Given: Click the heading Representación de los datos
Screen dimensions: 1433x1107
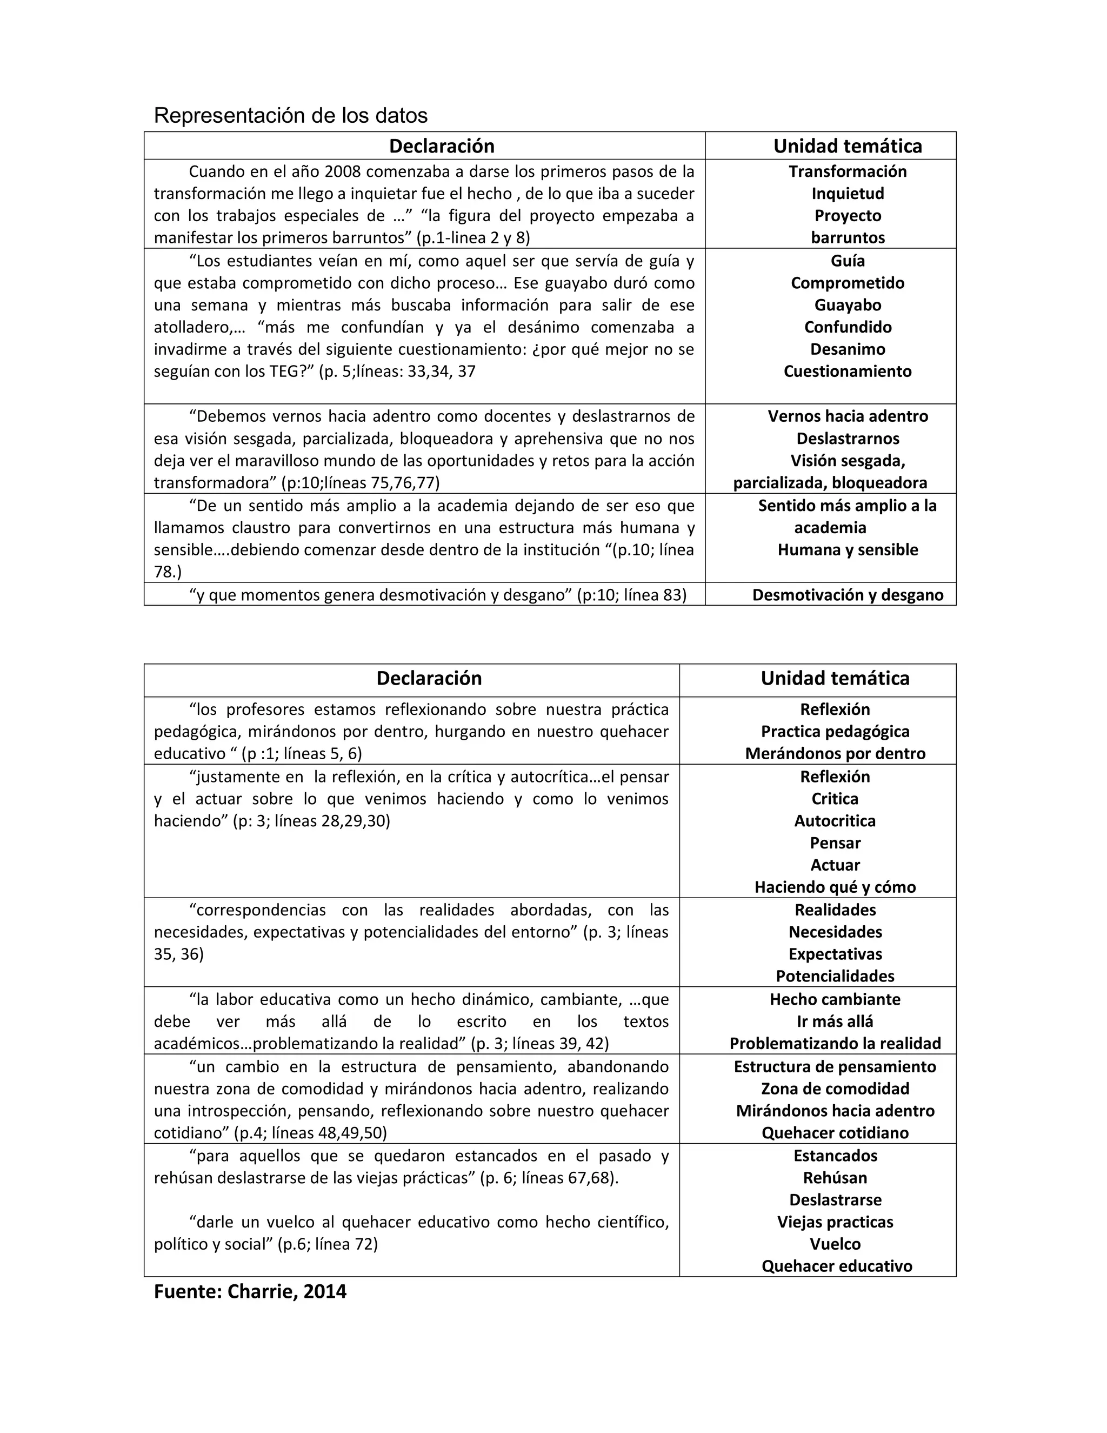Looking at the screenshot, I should pyautogui.click(x=290, y=116).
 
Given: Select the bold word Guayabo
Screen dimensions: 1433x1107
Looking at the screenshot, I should pyautogui.click(x=848, y=305).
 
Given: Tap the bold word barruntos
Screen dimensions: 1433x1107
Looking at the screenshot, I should pyautogui.click(x=848, y=237).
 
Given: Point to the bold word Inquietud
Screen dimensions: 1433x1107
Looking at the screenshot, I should pyautogui.click(x=848, y=194).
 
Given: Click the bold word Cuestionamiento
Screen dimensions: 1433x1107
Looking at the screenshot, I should pyautogui.click(x=848, y=371).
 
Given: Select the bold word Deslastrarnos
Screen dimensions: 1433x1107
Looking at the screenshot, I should pyautogui.click(x=848, y=439).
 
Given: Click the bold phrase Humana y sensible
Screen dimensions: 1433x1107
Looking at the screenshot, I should pyautogui.click(x=848, y=550).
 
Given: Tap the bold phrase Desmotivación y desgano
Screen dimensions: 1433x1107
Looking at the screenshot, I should pyautogui.click(x=848, y=595).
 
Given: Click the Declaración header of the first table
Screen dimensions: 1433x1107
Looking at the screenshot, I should pyautogui.click(x=442, y=145).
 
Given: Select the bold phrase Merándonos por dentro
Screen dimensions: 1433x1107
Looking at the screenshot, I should pyautogui.click(x=835, y=753).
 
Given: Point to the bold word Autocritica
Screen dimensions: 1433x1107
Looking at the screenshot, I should pyautogui.click(x=835, y=821).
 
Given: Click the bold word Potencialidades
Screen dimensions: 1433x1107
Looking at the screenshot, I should pyautogui.click(x=835, y=976).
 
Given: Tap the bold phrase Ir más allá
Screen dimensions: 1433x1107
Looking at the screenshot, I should pyautogui.click(x=835, y=1021).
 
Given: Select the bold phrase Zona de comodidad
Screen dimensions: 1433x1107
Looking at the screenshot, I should pyautogui.click(x=835, y=1089).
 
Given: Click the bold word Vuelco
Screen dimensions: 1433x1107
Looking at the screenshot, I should pyautogui.click(x=835, y=1243).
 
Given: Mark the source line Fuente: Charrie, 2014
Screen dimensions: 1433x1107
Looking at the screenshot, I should pyautogui.click(x=250, y=1291).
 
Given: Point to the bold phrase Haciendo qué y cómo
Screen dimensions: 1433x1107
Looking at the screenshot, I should pyautogui.click(x=835, y=887).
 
